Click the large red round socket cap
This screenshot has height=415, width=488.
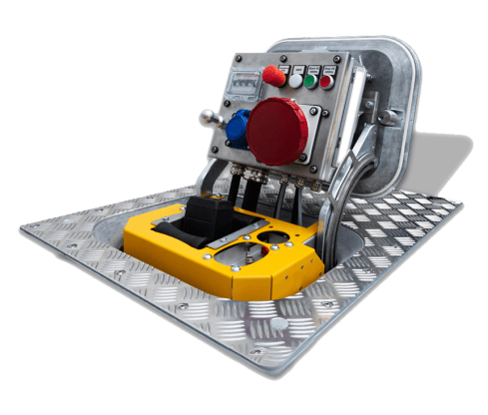point(278,132)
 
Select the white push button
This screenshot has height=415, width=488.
point(295,80)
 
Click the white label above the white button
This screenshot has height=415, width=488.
point(297,67)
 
